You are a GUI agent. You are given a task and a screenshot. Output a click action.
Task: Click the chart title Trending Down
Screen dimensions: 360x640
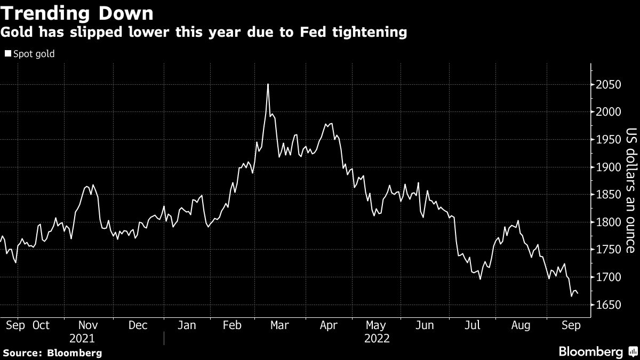[x=77, y=13]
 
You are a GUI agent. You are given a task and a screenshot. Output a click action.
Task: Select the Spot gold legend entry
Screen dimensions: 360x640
[x=30, y=54]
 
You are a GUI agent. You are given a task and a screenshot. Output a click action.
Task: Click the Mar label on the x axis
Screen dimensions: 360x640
[x=279, y=325]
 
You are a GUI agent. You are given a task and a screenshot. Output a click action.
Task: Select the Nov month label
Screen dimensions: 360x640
[x=89, y=325]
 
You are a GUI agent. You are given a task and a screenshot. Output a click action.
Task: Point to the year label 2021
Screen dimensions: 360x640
[x=82, y=339]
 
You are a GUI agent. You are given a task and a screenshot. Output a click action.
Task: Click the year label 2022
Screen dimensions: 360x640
[x=377, y=339]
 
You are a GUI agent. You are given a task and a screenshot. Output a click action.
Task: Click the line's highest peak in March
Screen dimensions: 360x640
[x=268, y=84]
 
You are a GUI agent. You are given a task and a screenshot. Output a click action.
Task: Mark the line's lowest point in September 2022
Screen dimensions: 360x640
[x=572, y=296]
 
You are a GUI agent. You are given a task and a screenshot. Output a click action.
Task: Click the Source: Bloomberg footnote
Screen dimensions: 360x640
[x=52, y=353]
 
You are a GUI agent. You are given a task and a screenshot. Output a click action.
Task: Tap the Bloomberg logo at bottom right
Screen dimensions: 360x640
[x=597, y=351]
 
